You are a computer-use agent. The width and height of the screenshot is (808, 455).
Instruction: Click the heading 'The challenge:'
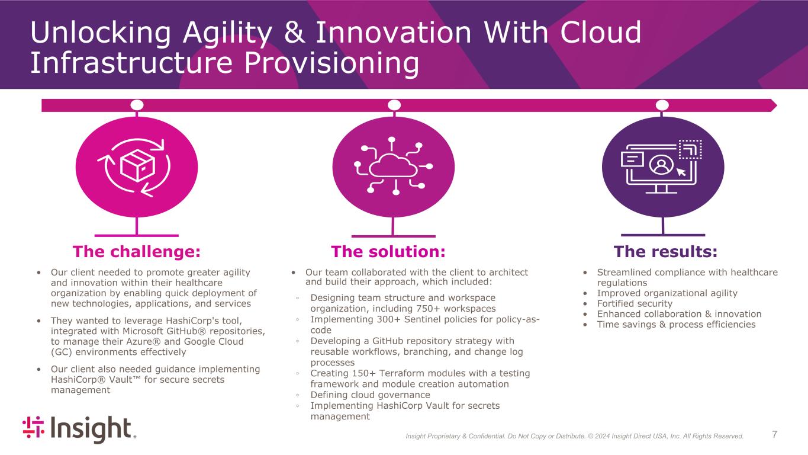tap(137, 252)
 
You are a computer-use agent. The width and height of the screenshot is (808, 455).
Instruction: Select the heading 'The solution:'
tap(388, 252)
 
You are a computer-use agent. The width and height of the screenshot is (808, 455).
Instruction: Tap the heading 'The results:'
tap(666, 252)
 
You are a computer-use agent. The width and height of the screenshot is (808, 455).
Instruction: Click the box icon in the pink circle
tap(137, 166)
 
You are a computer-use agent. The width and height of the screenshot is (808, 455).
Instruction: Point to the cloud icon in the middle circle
tap(393, 165)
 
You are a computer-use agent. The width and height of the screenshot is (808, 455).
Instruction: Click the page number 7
tap(775, 435)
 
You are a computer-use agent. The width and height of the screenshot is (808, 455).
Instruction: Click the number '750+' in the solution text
tap(437, 309)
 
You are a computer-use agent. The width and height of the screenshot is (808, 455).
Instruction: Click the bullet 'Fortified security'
tap(635, 304)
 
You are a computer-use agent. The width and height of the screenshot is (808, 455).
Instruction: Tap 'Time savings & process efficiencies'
tap(676, 325)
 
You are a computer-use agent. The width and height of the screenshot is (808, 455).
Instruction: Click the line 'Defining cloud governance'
tap(370, 395)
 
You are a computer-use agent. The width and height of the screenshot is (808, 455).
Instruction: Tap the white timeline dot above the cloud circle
tap(394, 105)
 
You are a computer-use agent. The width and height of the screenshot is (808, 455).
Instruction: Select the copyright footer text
tap(574, 437)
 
